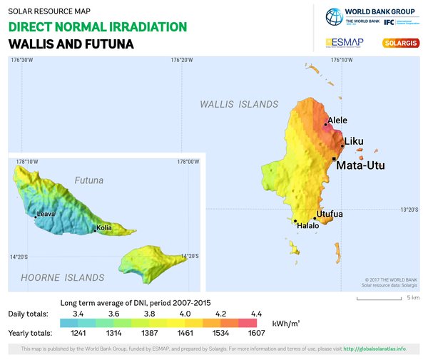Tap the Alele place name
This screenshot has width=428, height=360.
pos(337,120)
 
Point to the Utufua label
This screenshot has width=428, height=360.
pos(330,214)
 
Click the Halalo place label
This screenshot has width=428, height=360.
pos(308,225)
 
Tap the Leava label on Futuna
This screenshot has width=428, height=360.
pos(46,213)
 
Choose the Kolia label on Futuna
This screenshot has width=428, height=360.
pos(105,229)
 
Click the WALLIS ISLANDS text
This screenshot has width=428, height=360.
pos(239,104)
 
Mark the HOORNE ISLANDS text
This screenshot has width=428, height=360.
pos(63,277)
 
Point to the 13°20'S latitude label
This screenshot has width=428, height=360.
pos(409,210)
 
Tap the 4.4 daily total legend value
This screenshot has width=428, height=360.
pos(255,314)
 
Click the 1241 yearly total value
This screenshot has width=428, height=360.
pos(69,333)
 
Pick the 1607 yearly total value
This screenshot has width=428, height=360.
pos(255,333)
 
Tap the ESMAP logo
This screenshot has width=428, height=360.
pos(345,43)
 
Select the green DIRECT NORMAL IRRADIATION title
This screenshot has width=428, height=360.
pos(98,27)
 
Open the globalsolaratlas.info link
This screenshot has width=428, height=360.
pos(374,349)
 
